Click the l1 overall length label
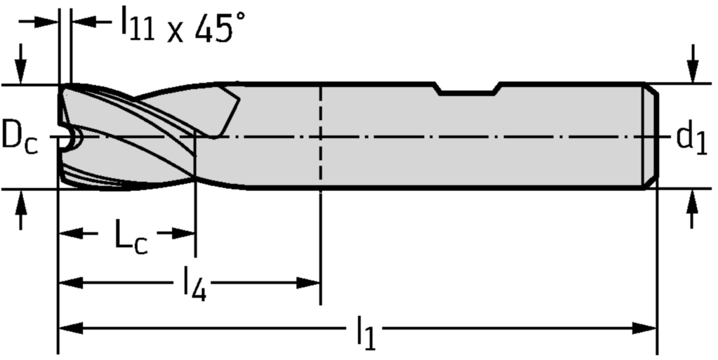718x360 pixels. click(x=366, y=331)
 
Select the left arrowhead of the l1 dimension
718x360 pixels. click(x=70, y=328)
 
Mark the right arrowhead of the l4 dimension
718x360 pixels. click(x=308, y=283)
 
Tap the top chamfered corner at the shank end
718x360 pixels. click(x=652, y=89)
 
